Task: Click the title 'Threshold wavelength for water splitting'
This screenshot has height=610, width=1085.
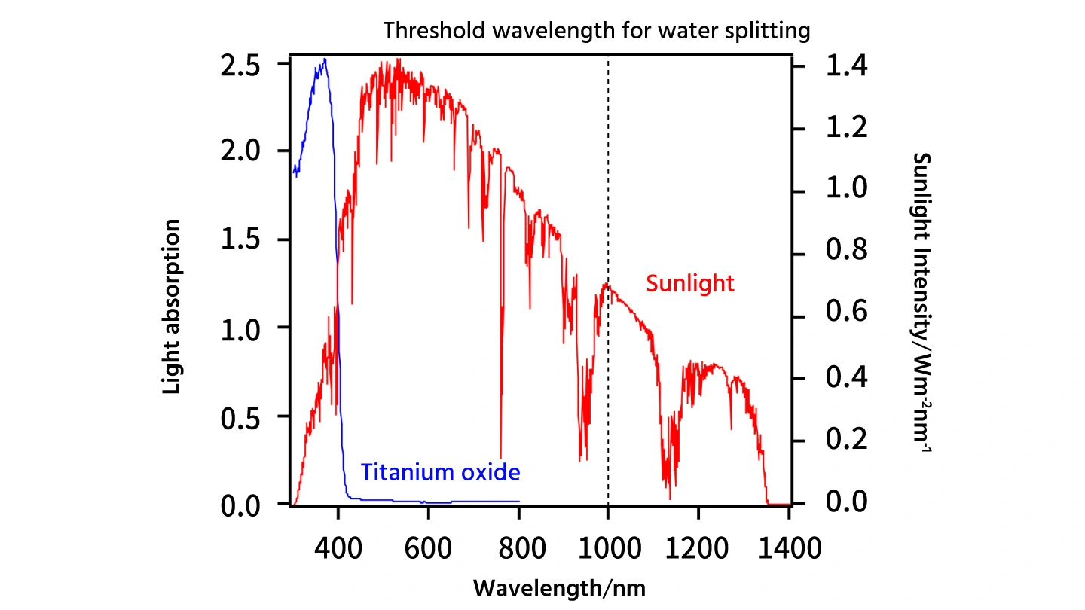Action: coord(597,31)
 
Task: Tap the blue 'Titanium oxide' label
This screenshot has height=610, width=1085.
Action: coord(440,473)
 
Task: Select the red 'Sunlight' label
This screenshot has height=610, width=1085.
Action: coord(689,284)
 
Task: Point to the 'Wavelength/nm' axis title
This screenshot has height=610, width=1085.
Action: coord(559,587)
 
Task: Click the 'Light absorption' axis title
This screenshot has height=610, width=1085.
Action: coord(172,307)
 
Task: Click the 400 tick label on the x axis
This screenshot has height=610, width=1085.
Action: coord(338,547)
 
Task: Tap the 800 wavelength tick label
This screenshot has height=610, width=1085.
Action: coord(518,547)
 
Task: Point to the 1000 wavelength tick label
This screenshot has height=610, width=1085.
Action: coord(607,547)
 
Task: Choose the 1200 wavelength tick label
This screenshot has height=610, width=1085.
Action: coord(698,547)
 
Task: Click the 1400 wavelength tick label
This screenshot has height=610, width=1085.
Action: coord(788,547)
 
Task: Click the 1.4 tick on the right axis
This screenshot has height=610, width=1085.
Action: coord(846,66)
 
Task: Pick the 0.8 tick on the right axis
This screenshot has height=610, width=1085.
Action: coord(846,254)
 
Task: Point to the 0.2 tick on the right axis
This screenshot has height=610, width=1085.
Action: coord(846,441)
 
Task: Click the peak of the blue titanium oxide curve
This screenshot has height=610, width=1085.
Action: coord(325,59)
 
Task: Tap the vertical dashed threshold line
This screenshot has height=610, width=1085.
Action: coord(608,188)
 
